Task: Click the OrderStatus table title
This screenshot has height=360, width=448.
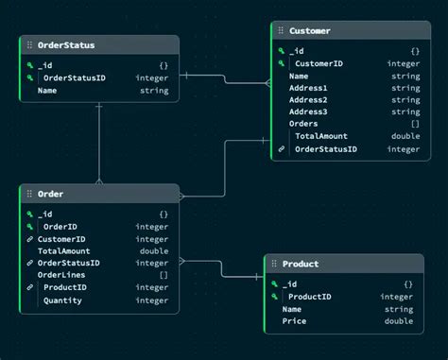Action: [x=66, y=44]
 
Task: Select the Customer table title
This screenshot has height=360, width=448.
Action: [x=310, y=31]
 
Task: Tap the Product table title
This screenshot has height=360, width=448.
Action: [x=301, y=264]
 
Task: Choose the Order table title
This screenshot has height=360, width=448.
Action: [x=50, y=194]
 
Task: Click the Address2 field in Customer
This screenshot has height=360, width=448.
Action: [x=308, y=100]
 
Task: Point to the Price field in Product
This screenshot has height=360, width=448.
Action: [x=294, y=321]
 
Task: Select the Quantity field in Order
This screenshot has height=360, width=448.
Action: [x=62, y=300]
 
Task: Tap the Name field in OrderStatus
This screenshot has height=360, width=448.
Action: [x=47, y=92]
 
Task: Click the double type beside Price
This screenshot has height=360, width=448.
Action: [x=398, y=321]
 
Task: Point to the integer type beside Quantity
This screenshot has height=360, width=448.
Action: [x=151, y=300]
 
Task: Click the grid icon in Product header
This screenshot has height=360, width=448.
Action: [x=274, y=264]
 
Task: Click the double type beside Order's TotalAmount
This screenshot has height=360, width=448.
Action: [x=153, y=251]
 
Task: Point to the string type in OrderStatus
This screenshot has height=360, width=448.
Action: [x=153, y=92]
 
